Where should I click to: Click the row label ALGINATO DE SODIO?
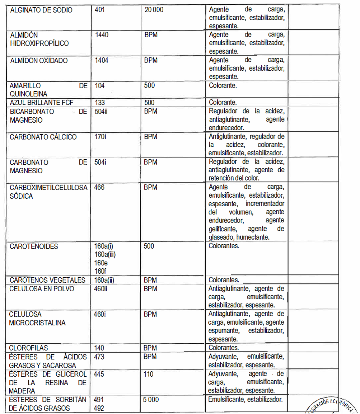41,10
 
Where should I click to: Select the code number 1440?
102,35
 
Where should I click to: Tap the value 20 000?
154,10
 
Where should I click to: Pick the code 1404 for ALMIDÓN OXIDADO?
102,60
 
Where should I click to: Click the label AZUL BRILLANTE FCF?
41,103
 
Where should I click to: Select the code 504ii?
102,111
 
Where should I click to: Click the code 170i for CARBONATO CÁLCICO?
100,137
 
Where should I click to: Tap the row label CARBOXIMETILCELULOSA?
48,187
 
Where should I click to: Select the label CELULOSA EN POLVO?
42,288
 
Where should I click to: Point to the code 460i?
100,314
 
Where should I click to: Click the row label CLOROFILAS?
29,348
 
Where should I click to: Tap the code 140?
99,348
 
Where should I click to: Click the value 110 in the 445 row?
148,374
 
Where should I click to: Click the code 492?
99,408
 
